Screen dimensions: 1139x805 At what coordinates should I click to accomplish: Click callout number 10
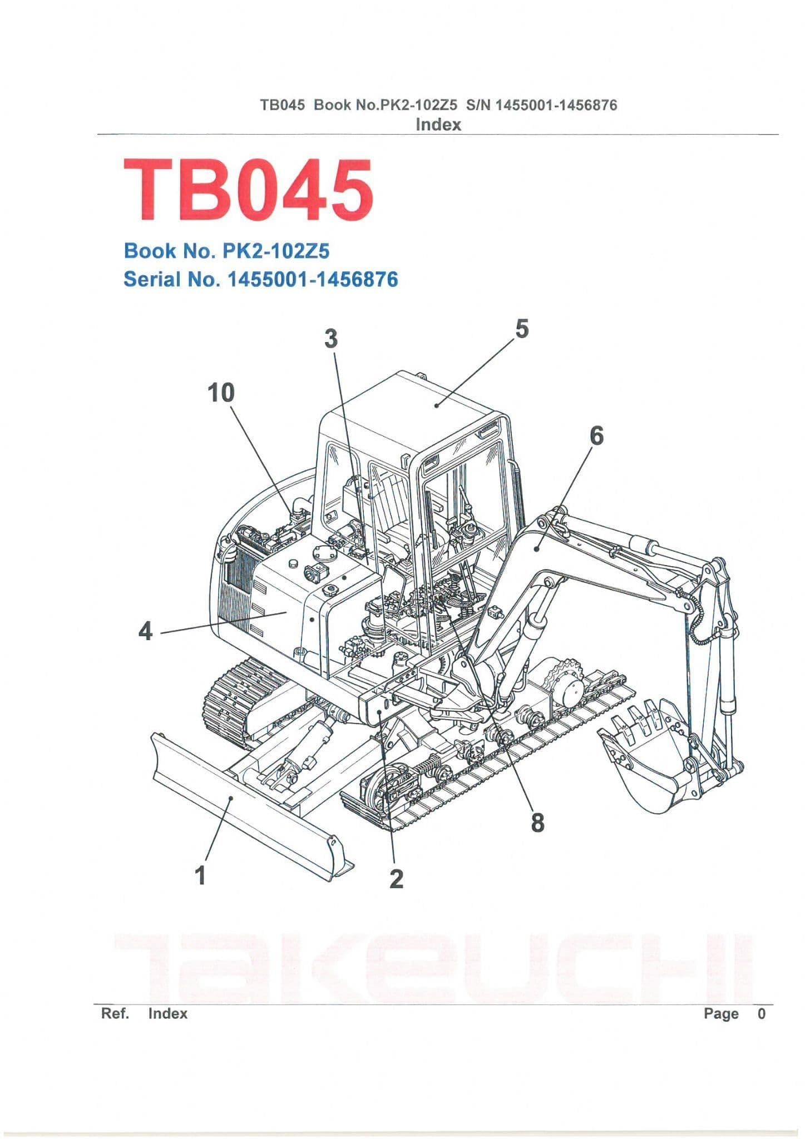[221, 393]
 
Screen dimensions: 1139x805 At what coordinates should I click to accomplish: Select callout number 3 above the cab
[331, 338]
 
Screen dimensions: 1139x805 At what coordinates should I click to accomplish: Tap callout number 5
[521, 329]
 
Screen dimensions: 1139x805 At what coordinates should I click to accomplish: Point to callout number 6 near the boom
[596, 435]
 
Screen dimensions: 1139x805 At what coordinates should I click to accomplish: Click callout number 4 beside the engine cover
[145, 631]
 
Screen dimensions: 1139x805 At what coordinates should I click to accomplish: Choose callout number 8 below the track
[537, 822]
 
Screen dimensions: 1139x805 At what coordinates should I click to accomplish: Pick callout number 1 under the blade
[200, 875]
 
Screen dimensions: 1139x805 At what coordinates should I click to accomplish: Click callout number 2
[396, 879]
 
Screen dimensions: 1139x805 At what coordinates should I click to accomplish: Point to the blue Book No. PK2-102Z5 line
[226, 251]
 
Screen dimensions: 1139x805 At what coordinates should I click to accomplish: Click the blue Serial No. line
[260, 279]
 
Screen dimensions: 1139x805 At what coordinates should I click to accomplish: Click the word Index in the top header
[438, 125]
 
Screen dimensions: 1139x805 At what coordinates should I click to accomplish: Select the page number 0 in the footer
[761, 1013]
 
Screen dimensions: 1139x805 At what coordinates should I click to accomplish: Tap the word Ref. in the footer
[115, 1013]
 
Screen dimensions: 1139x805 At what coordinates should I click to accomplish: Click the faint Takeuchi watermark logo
[434, 968]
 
